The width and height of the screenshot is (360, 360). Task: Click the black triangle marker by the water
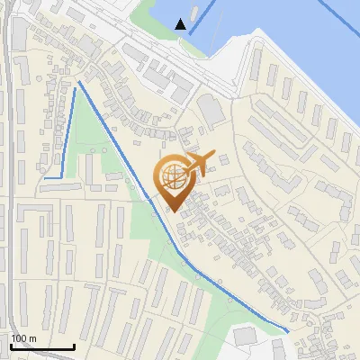(x=182, y=24)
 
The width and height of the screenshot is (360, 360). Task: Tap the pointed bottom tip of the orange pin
(x=172, y=210)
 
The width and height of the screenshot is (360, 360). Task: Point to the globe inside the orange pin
(x=173, y=175)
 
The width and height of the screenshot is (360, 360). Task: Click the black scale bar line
(x=42, y=346)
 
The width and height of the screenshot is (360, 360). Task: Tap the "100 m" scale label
(x=24, y=338)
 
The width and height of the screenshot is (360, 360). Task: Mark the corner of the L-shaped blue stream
(x=60, y=176)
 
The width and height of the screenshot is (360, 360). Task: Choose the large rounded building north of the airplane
(x=211, y=110)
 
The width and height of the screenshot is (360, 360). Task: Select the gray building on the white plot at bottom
(x=244, y=335)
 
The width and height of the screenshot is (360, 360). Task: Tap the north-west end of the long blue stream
(x=80, y=83)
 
